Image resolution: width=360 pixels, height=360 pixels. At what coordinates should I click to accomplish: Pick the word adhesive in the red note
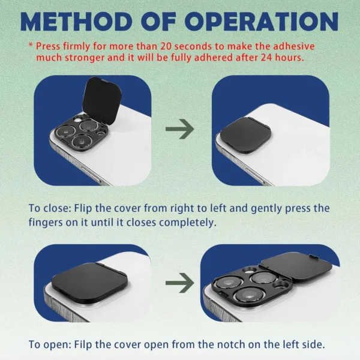(x=305, y=46)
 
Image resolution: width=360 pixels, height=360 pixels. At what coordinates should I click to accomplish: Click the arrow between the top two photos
(x=180, y=128)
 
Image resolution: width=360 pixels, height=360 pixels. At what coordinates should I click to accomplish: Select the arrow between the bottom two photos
(x=180, y=283)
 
